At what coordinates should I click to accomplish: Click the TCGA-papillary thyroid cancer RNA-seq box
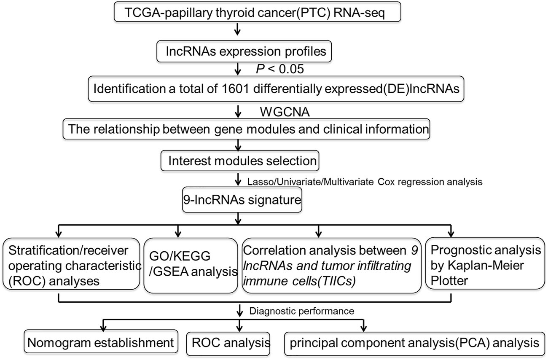258,12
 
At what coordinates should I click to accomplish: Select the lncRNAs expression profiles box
244,51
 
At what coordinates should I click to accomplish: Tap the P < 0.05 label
280,69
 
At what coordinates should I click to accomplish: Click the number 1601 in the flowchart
235,89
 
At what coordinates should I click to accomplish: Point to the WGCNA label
285,112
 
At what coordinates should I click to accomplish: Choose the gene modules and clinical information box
246,129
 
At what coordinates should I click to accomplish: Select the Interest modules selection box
240,161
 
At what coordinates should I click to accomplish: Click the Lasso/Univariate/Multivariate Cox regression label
365,182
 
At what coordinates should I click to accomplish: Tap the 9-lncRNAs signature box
242,200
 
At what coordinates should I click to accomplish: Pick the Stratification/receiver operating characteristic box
71,264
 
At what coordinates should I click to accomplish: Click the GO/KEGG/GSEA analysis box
191,265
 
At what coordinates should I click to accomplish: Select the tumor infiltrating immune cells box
332,265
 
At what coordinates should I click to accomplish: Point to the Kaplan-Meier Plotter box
485,263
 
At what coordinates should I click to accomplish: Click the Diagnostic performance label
302,311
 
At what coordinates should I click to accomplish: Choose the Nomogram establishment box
101,341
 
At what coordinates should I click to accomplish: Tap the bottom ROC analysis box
228,344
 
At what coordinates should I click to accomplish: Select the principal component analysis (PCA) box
415,344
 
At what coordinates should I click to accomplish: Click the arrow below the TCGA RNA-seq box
237,29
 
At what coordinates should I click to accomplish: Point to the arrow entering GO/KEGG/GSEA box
178,231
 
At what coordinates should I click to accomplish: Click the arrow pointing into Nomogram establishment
103,325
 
